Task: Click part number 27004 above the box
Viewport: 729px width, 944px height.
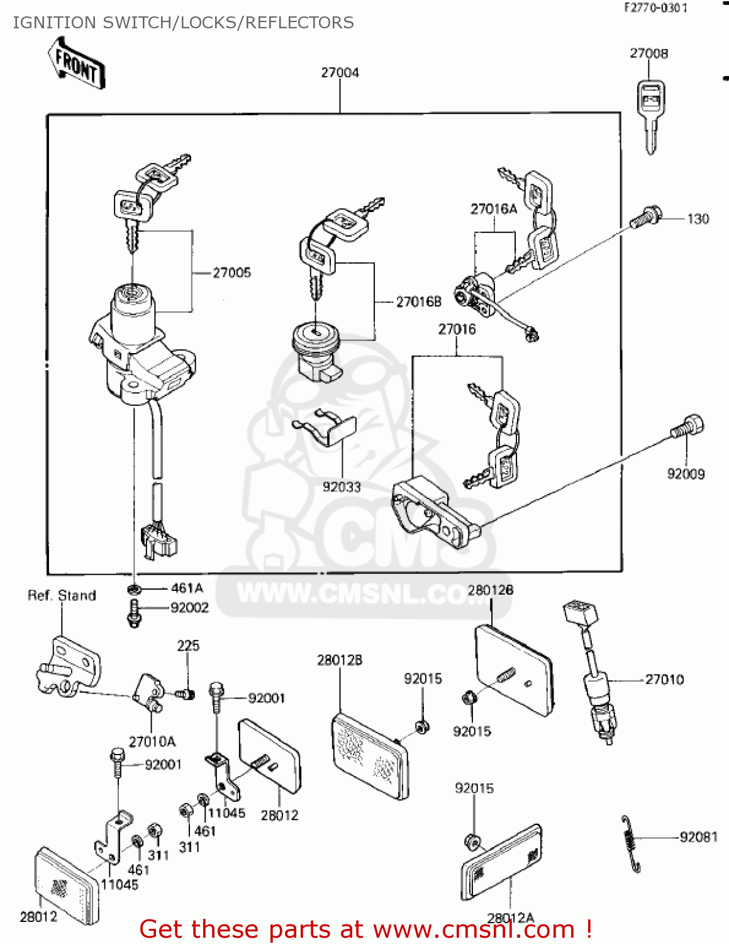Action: coord(340,72)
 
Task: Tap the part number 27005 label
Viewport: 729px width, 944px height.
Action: coord(231,273)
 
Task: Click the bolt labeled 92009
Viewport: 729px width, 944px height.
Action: coord(687,427)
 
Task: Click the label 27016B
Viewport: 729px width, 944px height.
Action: coord(418,302)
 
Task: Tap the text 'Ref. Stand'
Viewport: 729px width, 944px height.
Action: coord(62,595)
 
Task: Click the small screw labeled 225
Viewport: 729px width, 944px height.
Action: coord(184,694)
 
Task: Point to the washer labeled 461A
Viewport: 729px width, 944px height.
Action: coord(133,589)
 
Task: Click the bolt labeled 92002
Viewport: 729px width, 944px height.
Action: coord(133,611)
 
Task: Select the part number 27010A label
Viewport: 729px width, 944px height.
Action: coord(152,741)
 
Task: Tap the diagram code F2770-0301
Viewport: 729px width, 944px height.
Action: coord(655,8)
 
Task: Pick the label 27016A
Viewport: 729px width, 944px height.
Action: coord(493,209)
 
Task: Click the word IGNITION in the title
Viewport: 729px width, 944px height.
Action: coord(55,23)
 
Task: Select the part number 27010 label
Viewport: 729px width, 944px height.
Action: coord(664,680)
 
